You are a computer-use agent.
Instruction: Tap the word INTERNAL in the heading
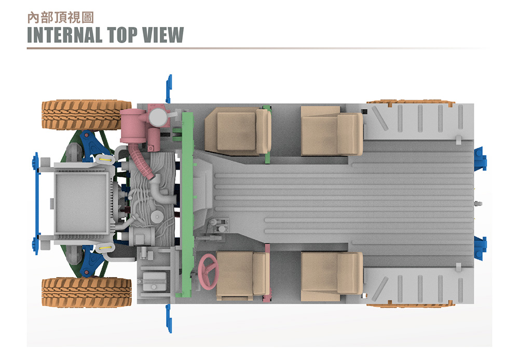pos(64,35)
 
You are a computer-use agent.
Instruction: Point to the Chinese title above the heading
pos(61,18)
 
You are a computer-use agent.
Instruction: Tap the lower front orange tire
pos(87,292)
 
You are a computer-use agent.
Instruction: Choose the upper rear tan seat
pos(332,131)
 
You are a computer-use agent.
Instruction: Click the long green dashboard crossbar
pos(187,204)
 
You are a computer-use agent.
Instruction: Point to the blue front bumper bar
pos(36,203)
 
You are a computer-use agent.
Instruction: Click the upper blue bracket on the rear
pos(480,159)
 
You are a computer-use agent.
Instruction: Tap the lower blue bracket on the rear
pos(480,248)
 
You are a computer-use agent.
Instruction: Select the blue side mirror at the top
pos(169,89)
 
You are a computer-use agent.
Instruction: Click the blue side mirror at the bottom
pos(169,318)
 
